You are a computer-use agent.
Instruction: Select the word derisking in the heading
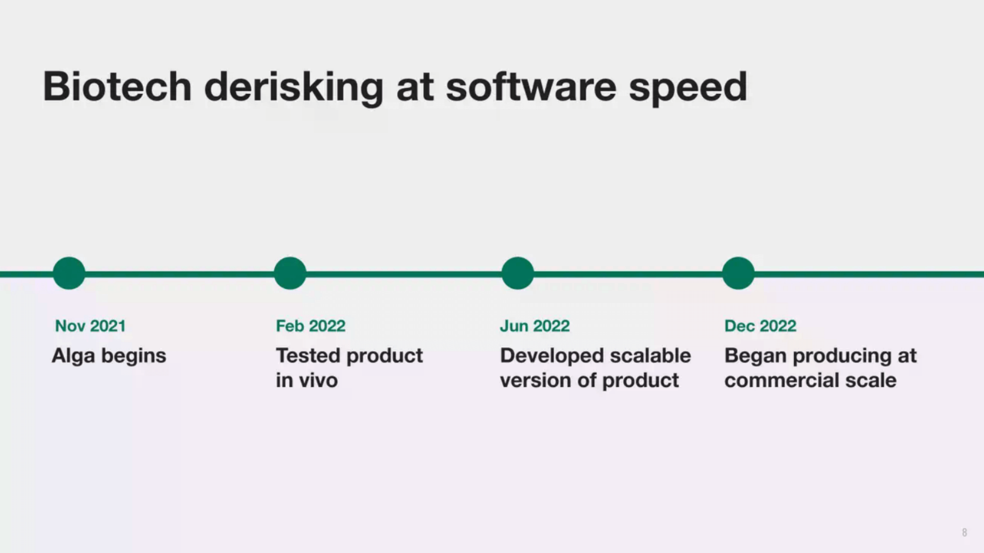[x=294, y=89]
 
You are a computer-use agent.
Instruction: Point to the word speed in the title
[x=688, y=89]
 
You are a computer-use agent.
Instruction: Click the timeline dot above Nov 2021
[x=69, y=273]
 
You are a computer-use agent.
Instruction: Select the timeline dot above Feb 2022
[x=290, y=273]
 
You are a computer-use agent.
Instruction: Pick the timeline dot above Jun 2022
[x=518, y=273]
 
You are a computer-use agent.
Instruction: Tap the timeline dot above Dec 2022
[x=738, y=273]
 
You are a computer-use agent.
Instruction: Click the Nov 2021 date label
[x=90, y=326]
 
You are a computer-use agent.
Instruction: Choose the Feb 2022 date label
[x=311, y=326]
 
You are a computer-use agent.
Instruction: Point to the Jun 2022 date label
[x=535, y=326]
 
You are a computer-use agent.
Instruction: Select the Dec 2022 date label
[x=760, y=326]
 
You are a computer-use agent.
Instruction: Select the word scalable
[x=650, y=355]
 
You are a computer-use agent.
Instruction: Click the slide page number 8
[x=964, y=533]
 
